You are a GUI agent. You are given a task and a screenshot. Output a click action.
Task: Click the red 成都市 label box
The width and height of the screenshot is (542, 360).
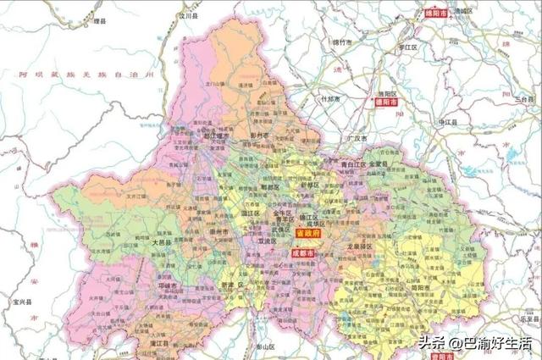coord(303,252)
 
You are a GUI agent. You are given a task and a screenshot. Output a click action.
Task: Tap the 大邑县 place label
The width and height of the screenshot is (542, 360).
coord(161,241)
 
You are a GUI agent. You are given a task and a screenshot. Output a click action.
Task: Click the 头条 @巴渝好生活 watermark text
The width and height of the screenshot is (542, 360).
coord(475,342)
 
